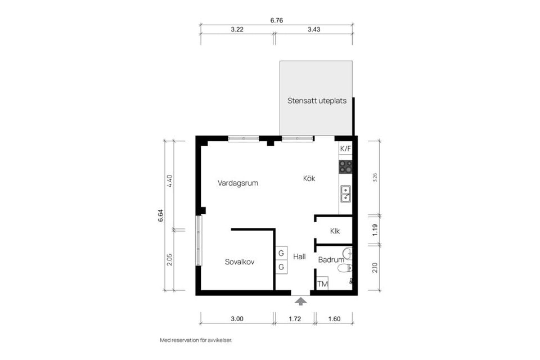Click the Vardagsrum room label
pos(237,183)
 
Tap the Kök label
pos(309,178)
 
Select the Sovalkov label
pos(240,262)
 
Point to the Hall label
pos(299,256)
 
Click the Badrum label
pos(331,260)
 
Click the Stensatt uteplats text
pos(317,101)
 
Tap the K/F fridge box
pos(345,149)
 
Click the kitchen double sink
pos(345,193)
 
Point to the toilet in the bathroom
pos(345,268)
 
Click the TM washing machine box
pos(322,285)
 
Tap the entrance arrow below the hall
pos(301,301)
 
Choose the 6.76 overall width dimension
pos(276,20)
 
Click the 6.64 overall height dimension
pos(160,215)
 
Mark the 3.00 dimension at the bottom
pos(237,319)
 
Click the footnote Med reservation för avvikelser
pos(196,340)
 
